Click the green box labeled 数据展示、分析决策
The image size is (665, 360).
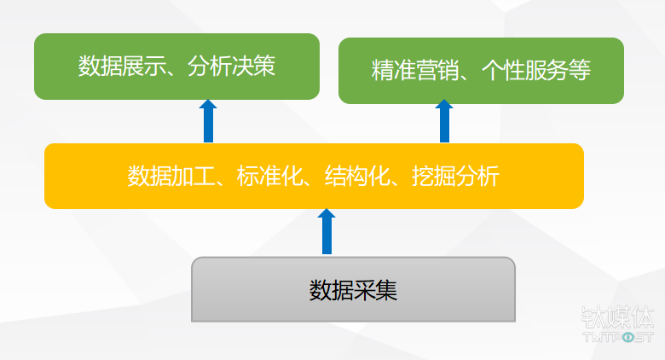[x=176, y=67]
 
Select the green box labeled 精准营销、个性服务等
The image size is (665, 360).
[x=481, y=71]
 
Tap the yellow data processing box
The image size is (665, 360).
[x=314, y=177]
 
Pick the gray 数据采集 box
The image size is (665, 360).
[x=353, y=290]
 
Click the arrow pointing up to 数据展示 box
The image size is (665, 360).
[x=208, y=121]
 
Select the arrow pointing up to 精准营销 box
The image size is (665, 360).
[x=444, y=122]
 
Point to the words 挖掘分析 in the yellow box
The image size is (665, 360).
[x=452, y=177]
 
